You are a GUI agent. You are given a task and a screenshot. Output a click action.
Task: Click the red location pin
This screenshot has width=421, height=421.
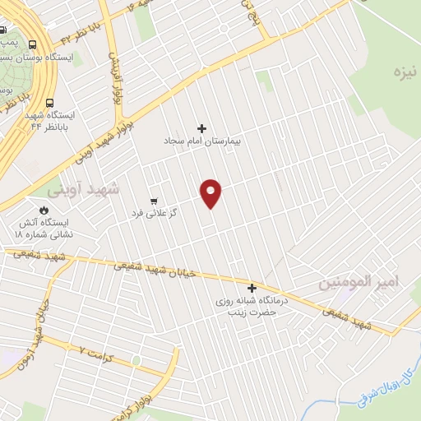[211, 192]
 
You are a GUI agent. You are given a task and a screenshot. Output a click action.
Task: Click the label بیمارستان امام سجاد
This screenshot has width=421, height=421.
[202, 141]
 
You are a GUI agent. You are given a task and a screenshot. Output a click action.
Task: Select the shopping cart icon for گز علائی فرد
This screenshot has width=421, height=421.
[154, 201]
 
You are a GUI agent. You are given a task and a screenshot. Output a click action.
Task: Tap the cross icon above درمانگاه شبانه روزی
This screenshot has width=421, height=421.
[252, 288]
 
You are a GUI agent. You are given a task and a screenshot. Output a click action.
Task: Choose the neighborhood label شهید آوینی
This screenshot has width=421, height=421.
[82, 189]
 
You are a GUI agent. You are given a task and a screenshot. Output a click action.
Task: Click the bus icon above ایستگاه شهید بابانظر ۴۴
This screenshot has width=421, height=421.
[51, 104]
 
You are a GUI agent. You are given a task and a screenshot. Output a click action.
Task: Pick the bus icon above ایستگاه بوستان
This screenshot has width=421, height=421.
[31, 44]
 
